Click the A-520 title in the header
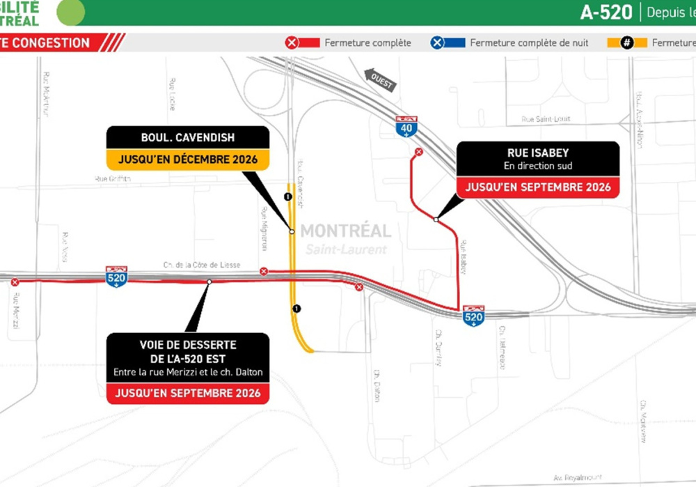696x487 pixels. pyautogui.click(x=607, y=12)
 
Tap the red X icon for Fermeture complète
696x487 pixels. pyautogui.click(x=292, y=42)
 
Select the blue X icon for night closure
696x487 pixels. pyautogui.click(x=437, y=42)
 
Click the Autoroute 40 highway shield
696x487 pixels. pyautogui.click(x=406, y=125)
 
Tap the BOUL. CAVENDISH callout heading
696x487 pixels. pyautogui.click(x=188, y=137)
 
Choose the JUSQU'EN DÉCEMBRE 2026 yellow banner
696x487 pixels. pyautogui.click(x=188, y=160)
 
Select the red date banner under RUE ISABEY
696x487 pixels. pyautogui.click(x=537, y=187)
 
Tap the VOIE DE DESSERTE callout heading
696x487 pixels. pyautogui.click(x=188, y=350)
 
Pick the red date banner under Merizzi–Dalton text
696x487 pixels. pyautogui.click(x=188, y=393)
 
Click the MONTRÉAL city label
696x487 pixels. pyautogui.click(x=346, y=231)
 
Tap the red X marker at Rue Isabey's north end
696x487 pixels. pyautogui.click(x=419, y=152)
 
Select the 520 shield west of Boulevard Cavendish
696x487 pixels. pyautogui.click(x=116, y=277)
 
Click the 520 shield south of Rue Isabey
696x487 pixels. pyautogui.click(x=473, y=315)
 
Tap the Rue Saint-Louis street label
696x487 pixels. pyautogui.click(x=546, y=119)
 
